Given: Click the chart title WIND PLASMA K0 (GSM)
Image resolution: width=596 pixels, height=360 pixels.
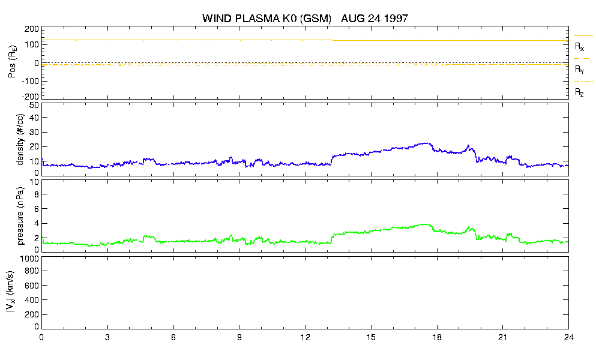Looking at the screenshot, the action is (267, 19).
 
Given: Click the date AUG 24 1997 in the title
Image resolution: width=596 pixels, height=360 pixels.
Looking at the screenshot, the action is (375, 18).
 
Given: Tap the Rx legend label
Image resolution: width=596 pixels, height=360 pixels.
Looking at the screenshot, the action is (579, 47).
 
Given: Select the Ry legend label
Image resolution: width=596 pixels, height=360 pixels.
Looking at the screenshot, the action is (579, 69).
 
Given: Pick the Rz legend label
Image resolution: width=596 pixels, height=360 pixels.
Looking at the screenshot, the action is (579, 92).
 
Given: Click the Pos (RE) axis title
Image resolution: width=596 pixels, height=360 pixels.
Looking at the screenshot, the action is (13, 62).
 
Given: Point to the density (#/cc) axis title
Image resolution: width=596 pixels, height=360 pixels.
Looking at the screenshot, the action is (20, 140).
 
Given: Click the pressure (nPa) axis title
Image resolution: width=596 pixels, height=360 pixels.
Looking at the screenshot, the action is (20, 216).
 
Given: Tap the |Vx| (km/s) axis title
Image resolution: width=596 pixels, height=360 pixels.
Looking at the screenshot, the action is (11, 292).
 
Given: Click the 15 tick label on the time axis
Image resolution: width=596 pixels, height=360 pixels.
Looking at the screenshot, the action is (371, 338).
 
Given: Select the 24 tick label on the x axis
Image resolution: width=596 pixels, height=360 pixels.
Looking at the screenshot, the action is (568, 338).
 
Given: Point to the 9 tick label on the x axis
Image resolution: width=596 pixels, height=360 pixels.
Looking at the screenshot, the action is (239, 338).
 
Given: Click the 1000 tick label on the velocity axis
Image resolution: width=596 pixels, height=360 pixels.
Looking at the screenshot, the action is (29, 259).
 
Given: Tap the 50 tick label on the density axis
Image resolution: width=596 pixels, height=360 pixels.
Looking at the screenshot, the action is (34, 106).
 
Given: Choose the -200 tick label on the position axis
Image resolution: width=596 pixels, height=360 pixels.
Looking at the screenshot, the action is (31, 97).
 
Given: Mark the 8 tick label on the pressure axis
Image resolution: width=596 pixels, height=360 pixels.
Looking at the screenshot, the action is (37, 194).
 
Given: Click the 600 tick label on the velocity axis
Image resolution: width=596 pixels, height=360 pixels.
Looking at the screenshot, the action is (32, 286).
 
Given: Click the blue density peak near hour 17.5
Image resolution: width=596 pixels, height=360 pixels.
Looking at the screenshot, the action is (427, 143).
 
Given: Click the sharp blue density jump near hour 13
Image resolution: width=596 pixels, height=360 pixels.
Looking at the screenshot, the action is (332, 160).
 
